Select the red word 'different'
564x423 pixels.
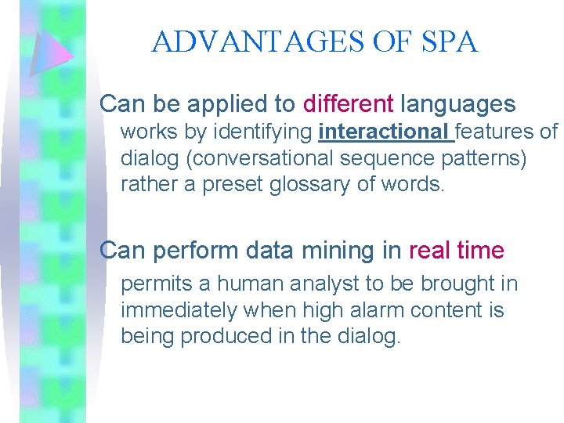click(348, 103)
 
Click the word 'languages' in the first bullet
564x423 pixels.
click(457, 103)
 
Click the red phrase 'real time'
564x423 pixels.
click(457, 251)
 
